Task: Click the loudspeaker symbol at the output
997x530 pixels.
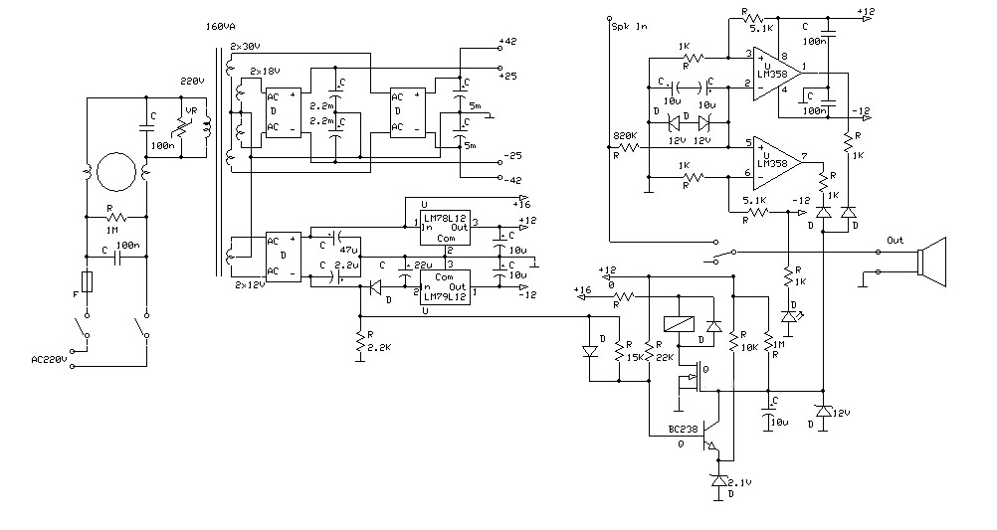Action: (x=932, y=262)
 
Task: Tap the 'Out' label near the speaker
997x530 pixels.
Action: (x=896, y=241)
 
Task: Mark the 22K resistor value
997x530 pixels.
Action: (x=664, y=356)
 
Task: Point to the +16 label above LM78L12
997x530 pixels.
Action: (x=524, y=202)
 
